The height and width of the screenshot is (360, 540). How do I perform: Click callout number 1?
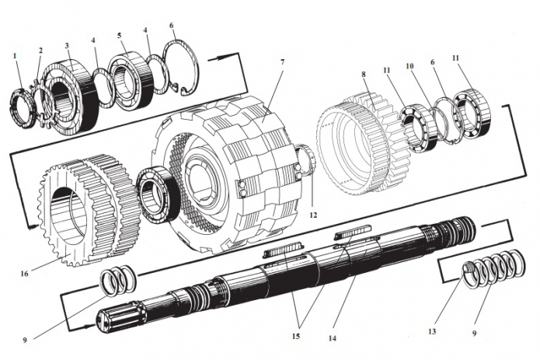click(x=14, y=55)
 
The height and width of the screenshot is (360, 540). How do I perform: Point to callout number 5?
click(x=119, y=35)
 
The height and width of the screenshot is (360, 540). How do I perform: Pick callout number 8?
click(x=362, y=75)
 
